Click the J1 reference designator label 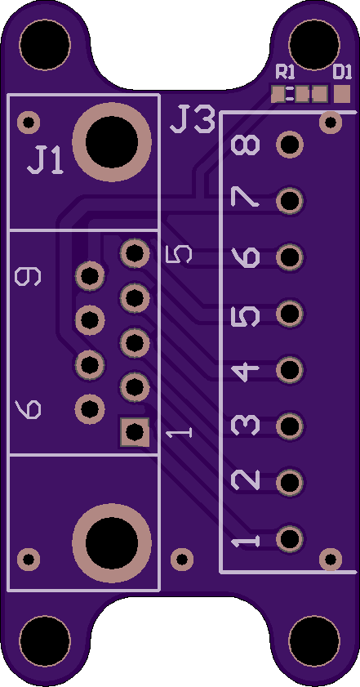(45, 160)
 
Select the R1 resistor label (285, 71)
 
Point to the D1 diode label (342, 71)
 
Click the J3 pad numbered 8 (290, 145)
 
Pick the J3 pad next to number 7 (290, 201)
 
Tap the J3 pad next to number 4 (290, 370)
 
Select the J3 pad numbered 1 (290, 538)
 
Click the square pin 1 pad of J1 (135, 432)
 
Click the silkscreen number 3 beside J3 (245, 426)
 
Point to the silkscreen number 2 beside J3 (245, 480)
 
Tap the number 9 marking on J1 (28, 277)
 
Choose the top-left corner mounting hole (45, 44)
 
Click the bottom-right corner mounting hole (314, 641)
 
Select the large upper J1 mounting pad (112, 142)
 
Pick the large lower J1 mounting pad (112, 543)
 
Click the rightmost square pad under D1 (342, 94)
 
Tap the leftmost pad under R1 (278, 94)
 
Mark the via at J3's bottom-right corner (331, 560)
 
